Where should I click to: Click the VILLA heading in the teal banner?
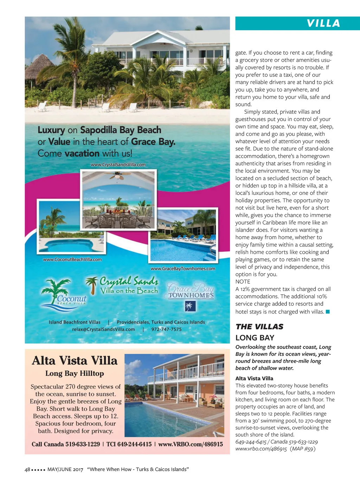pos(323,24)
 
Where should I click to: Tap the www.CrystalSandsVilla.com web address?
pos(118,165)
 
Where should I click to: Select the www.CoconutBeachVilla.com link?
pos(72,260)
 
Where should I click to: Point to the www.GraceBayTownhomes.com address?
pos(183,268)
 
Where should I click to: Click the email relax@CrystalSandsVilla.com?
pos(103,329)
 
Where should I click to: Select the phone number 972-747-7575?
pos(166,329)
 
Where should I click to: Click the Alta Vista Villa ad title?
pos(75,361)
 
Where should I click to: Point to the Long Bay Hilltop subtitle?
pos(75,373)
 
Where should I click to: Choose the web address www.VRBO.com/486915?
pos(191,444)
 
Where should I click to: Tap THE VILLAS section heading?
pos(259,326)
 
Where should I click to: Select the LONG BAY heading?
pos(255,338)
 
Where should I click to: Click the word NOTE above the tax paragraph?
pos(243,281)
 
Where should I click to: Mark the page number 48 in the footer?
pos(27,469)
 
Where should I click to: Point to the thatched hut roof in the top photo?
pos(40,63)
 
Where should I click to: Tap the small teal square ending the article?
pos(328,312)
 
